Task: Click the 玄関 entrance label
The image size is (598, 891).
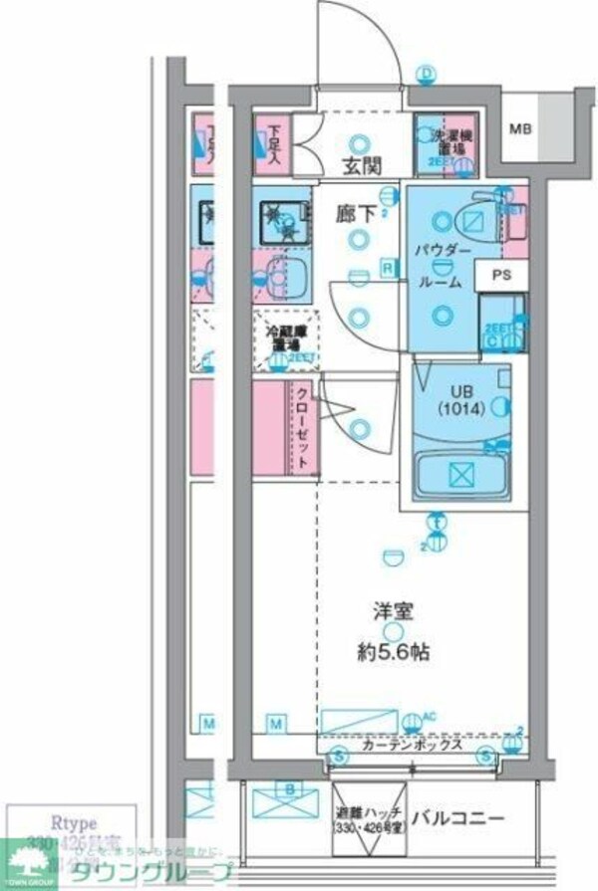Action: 358,165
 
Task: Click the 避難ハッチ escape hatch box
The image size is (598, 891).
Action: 368,819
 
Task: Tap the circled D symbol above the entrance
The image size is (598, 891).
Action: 428,74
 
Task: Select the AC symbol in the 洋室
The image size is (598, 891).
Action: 430,716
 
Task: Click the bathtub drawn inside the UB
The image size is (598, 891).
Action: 461,476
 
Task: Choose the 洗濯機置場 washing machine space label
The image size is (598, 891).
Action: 446,141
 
